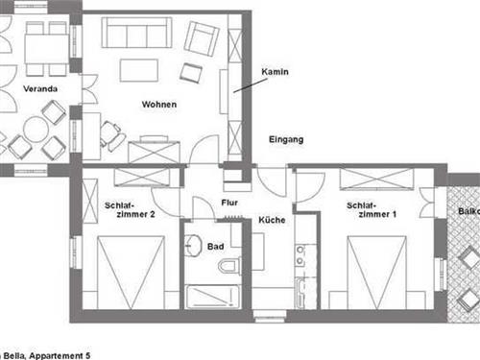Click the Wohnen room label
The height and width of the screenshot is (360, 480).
(158, 104)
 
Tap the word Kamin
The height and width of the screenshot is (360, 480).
(275, 72)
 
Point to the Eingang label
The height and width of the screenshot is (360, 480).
(286, 139)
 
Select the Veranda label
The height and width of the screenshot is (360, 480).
(41, 89)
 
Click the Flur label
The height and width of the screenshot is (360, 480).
(229, 203)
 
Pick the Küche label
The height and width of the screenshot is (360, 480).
(272, 221)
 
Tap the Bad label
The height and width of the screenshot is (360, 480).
(215, 247)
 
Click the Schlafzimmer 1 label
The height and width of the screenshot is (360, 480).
(372, 210)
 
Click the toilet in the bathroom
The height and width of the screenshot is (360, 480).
(229, 265)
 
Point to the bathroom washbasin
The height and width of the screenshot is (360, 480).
(194, 242)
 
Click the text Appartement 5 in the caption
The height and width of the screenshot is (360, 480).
(66, 355)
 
